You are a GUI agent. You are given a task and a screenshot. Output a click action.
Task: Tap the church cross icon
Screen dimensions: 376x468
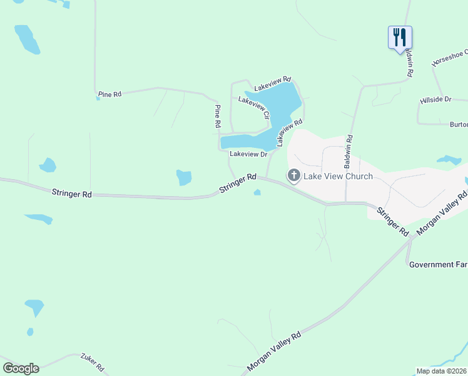(293, 176)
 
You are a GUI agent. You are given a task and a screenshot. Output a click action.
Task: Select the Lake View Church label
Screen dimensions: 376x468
(338, 176)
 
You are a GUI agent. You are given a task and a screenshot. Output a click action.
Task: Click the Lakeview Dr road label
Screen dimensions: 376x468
(248, 154)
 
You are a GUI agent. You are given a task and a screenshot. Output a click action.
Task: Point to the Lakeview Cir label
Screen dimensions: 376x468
(254, 108)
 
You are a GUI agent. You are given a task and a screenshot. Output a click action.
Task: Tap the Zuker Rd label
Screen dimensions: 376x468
(91, 362)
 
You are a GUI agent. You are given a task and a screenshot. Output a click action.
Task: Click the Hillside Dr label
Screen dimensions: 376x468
(435, 100)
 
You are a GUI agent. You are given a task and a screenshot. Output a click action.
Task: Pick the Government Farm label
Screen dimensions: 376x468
(438, 264)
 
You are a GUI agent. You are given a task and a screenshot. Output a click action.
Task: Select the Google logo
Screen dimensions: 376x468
(21, 368)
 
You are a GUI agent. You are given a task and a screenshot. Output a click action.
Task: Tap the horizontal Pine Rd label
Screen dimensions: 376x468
(109, 95)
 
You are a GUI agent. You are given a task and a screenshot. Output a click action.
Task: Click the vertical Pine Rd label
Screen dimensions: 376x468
(217, 117)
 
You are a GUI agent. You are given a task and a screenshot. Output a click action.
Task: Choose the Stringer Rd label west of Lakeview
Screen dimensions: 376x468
(72, 194)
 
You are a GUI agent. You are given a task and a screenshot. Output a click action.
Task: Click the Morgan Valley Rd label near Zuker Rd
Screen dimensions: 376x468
(274, 351)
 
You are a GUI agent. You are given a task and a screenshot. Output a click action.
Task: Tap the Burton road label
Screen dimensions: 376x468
(459, 125)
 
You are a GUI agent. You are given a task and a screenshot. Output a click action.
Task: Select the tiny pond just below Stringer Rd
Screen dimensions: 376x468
(257, 192)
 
